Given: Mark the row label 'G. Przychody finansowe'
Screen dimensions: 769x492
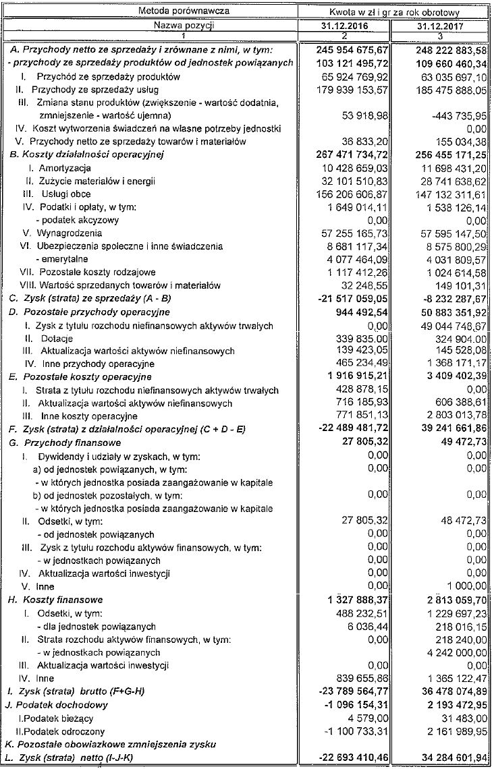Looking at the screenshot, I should point(63,443).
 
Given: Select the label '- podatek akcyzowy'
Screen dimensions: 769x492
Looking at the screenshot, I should point(74,219).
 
